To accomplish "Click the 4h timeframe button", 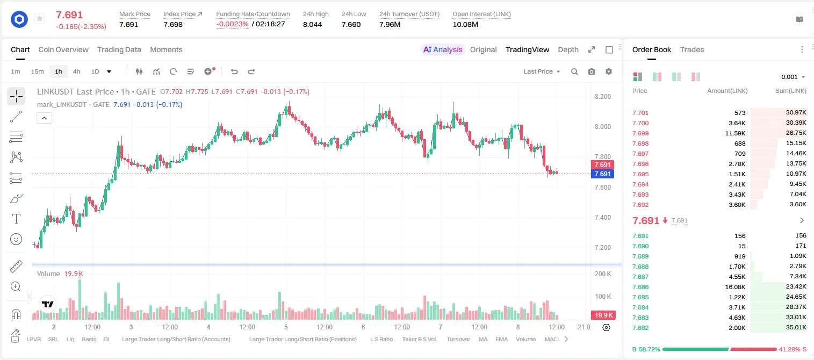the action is (x=76, y=71).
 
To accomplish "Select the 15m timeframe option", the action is (x=37, y=71).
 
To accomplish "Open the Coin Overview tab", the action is (x=63, y=49).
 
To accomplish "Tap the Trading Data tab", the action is (x=119, y=49).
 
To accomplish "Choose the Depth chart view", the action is (x=568, y=49).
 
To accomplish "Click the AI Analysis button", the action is (x=443, y=49).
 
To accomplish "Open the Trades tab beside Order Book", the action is (x=692, y=49).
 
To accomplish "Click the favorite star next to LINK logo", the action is (x=40, y=18).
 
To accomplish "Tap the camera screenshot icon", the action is (x=592, y=71).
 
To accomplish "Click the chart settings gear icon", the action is (x=609, y=71).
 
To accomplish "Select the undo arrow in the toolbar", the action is (x=234, y=71).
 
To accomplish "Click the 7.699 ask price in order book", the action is (x=640, y=133).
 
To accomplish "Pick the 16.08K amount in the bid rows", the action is (x=735, y=287).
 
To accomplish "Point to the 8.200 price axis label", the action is (x=603, y=97).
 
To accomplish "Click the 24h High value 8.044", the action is (x=313, y=24).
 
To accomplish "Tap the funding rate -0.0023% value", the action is (x=233, y=24).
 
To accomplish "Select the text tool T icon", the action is (x=16, y=219).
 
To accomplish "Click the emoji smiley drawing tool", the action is (x=16, y=239).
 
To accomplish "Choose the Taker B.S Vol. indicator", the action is (x=419, y=339).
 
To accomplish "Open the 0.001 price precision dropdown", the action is (x=793, y=77).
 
